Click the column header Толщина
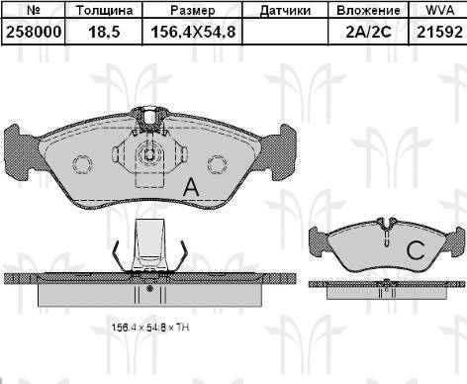[104, 10]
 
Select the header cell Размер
[193, 10]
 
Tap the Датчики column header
[285, 11]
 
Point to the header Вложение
[368, 10]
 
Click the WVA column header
[440, 10]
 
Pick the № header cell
[34, 10]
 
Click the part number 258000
[34, 32]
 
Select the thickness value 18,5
[104, 32]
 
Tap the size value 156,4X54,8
[193, 32]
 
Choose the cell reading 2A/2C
[368, 32]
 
